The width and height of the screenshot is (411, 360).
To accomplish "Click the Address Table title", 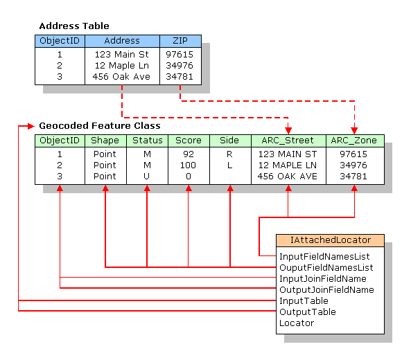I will click(x=73, y=26).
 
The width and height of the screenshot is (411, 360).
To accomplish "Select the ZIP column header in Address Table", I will click(x=180, y=41).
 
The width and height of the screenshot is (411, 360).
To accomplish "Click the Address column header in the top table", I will click(x=122, y=41).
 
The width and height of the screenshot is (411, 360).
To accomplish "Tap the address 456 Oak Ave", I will click(x=121, y=77).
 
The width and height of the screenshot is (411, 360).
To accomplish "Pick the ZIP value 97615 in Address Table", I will click(x=180, y=53).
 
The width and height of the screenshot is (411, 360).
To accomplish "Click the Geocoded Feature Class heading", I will click(x=100, y=126).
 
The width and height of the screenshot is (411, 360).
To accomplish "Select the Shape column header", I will click(x=105, y=141).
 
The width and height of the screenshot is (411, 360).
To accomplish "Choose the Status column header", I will click(x=146, y=141).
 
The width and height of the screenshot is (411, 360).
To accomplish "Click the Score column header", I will click(x=188, y=141).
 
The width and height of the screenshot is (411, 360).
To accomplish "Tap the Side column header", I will click(x=229, y=141).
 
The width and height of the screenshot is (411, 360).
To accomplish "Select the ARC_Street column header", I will click(x=288, y=141).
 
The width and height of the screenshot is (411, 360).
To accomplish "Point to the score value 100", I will click(x=188, y=165).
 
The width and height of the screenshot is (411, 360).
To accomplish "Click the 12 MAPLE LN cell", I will click(x=288, y=165).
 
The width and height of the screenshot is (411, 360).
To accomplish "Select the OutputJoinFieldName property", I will click(x=326, y=289).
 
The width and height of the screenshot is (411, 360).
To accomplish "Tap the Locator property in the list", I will click(x=296, y=323).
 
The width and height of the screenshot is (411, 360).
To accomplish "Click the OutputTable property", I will click(x=307, y=312).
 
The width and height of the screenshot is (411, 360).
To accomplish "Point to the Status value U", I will click(x=146, y=176).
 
